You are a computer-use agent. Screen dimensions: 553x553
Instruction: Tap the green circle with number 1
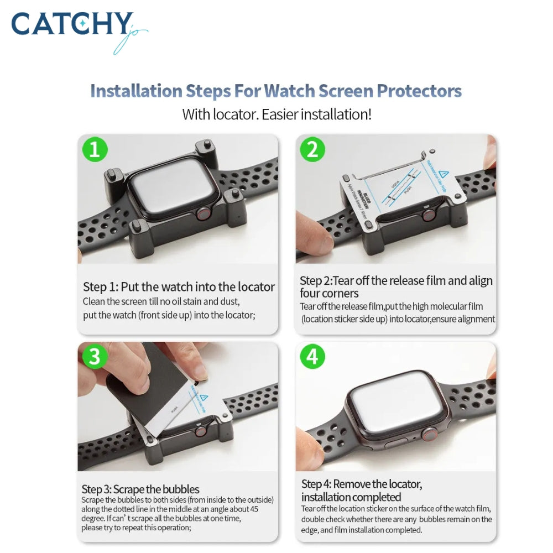tap(95, 150)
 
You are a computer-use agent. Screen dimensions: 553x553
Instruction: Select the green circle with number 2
tap(312, 150)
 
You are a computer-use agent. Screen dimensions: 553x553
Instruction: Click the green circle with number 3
tap(95, 357)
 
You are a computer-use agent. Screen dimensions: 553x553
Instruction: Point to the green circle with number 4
tap(312, 357)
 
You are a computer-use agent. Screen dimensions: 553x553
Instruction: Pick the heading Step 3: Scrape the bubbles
tap(140, 489)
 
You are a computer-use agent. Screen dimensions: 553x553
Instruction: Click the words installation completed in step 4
tap(351, 497)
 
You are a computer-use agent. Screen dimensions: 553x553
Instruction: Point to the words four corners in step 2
tap(330, 294)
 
